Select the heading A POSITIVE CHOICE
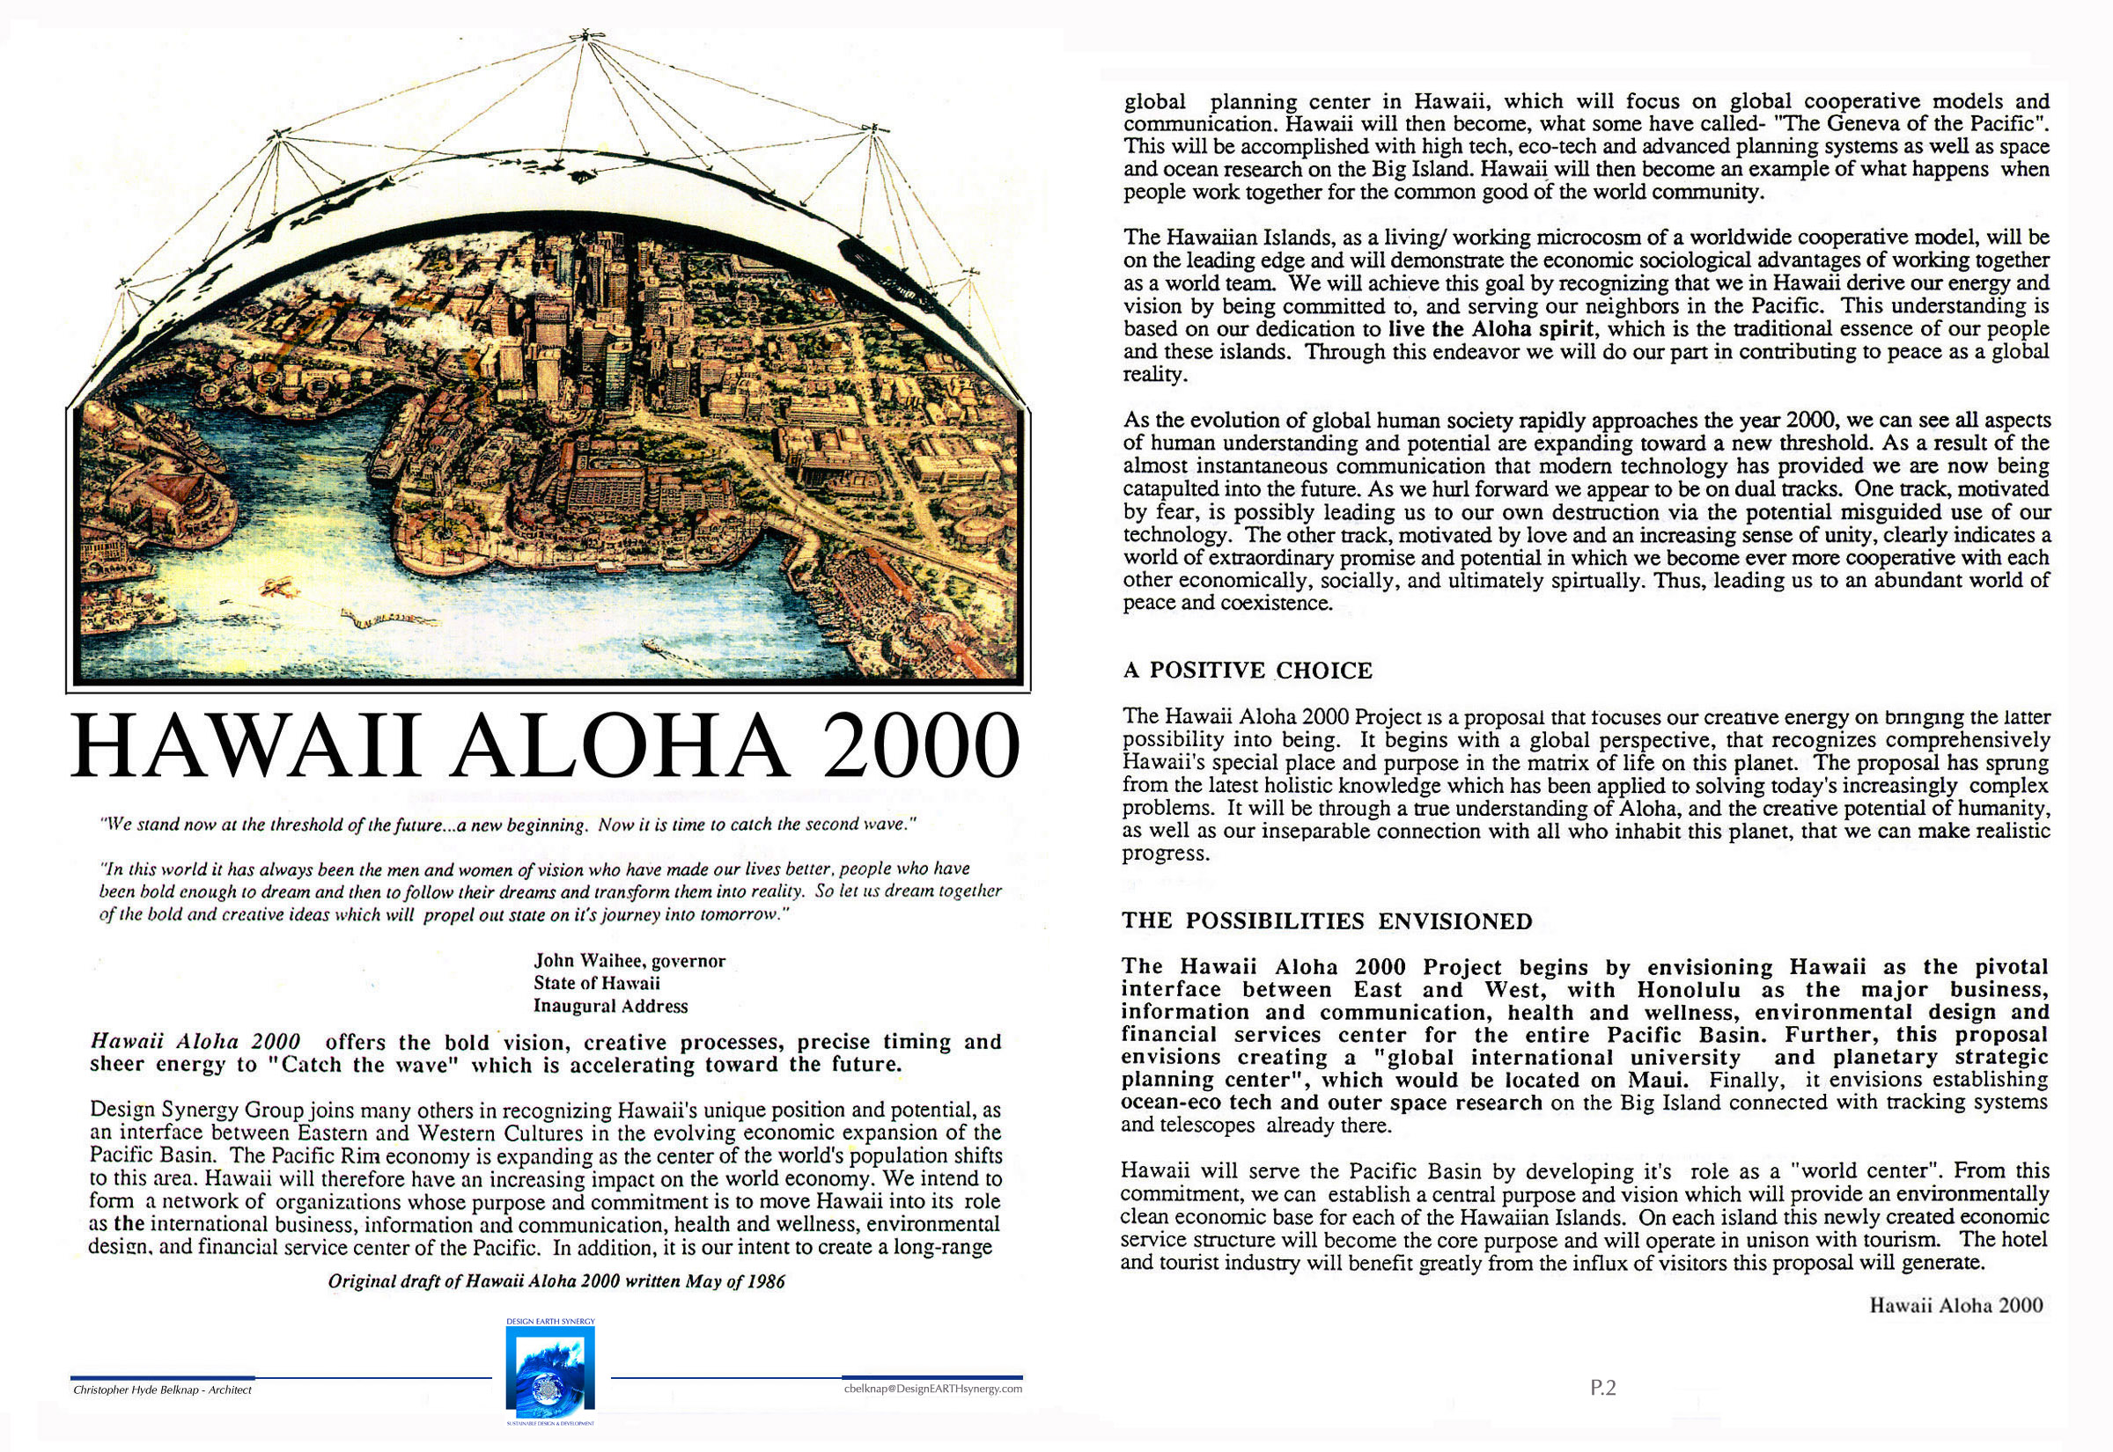pyautogui.click(x=1247, y=671)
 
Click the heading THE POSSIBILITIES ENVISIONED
pyautogui.click(x=1326, y=921)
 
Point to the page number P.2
pyautogui.click(x=1602, y=1388)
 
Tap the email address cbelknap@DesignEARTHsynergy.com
pyautogui.click(x=931, y=1390)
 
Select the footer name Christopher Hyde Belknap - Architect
pyautogui.click(x=162, y=1390)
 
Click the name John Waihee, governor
pyautogui.click(x=629, y=961)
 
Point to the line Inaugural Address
pyautogui.click(x=610, y=1006)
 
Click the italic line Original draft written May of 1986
pyautogui.click(x=556, y=1282)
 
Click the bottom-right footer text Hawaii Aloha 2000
pyautogui.click(x=1955, y=1306)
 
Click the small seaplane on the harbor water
pyautogui.click(x=277, y=588)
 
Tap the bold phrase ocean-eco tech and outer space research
pyautogui.click(x=1331, y=1104)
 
